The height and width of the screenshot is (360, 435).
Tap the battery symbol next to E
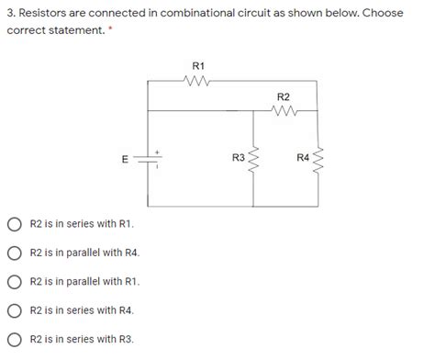[149, 160]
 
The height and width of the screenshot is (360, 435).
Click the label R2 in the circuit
[283, 96]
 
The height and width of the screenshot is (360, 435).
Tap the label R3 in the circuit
[238, 159]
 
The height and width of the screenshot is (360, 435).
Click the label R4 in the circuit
[303, 159]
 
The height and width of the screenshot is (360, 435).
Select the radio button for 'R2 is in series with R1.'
[15, 224]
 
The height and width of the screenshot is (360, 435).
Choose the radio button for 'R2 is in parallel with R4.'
[15, 253]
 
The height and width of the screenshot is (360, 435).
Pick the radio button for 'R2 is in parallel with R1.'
[15, 281]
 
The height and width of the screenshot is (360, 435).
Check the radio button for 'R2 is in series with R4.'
[15, 309]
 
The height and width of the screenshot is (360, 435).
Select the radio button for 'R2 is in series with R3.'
[15, 338]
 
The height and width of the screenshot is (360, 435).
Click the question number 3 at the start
[10, 12]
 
